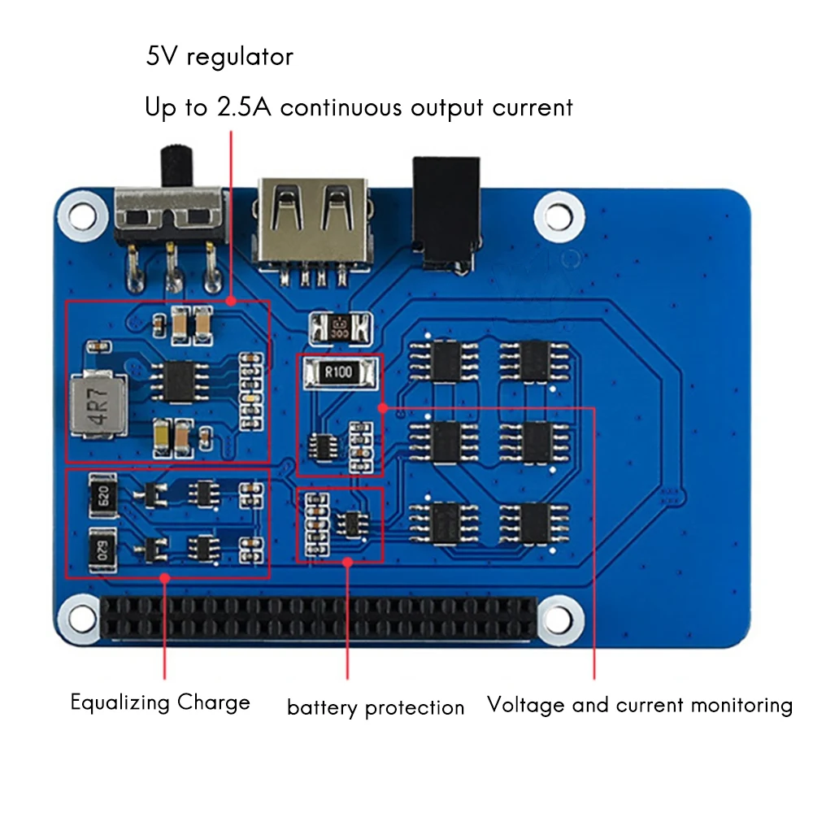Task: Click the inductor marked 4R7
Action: tap(93, 403)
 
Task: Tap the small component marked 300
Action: tap(340, 329)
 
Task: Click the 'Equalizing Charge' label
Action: tap(160, 702)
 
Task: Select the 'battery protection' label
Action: tap(376, 707)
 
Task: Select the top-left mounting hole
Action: tap(81, 214)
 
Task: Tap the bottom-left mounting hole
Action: tap(81, 615)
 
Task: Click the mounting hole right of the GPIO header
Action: tap(558, 615)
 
